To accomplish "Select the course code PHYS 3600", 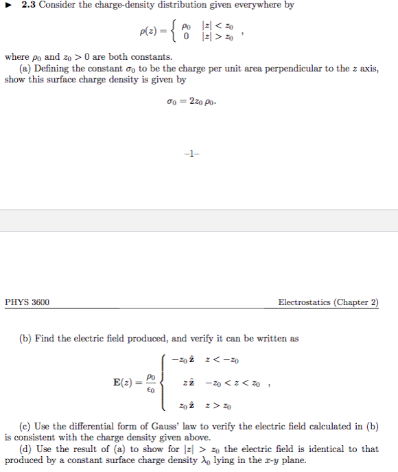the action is click(x=27, y=302).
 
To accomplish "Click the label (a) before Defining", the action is click(x=26, y=69).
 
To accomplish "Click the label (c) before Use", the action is click(x=25, y=426).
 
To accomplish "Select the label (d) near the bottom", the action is click(x=26, y=449).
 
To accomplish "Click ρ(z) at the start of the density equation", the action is click(x=148, y=32).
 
